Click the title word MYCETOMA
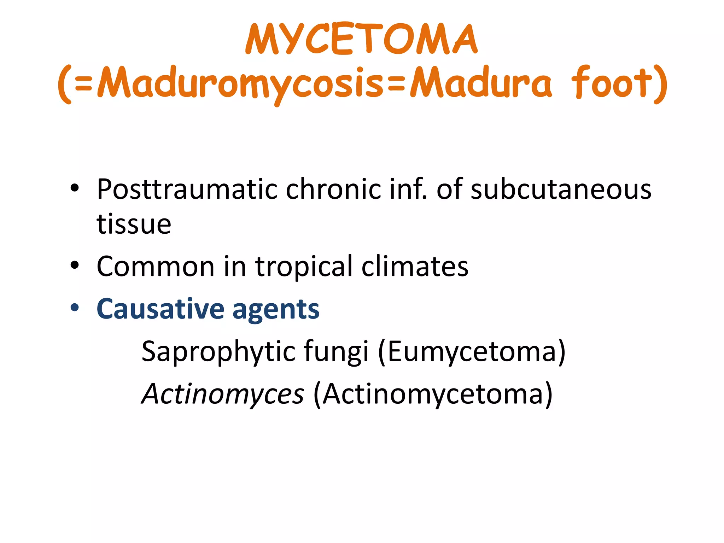[361, 39]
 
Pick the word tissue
[134, 224]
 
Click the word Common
[156, 267]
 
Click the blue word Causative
[160, 309]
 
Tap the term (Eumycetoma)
[472, 351]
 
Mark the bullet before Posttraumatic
[74, 188]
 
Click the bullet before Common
[74, 265]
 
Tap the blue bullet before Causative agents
[74, 308]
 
